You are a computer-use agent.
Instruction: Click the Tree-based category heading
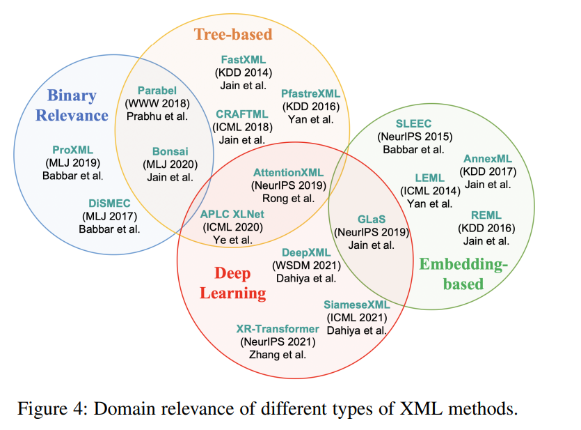[232, 33]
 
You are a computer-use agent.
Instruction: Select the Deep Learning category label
[232, 282]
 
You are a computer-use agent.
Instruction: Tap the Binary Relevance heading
[72, 105]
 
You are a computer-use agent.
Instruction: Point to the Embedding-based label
[463, 273]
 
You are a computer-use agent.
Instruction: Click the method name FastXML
[243, 60]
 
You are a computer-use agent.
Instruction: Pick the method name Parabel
[157, 91]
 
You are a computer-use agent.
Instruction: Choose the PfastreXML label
[310, 93]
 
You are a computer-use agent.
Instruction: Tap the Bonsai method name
[170, 152]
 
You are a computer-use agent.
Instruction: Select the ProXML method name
[72, 150]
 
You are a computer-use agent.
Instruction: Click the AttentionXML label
[288, 172]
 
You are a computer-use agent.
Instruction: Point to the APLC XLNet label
[232, 214]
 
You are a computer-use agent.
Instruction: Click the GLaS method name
[371, 218]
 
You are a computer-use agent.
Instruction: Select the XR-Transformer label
[278, 329]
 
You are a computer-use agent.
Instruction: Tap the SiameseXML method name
[356, 305]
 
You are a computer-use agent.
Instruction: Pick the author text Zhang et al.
[278, 354]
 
